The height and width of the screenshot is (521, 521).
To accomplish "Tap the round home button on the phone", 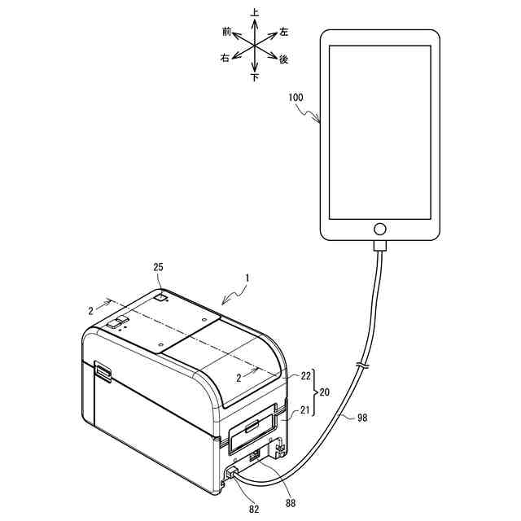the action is click(379, 228).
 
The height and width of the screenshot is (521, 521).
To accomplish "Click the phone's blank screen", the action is click(379, 130).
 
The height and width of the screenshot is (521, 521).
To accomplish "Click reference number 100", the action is click(296, 97).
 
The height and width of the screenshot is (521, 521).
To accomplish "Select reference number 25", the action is click(159, 267).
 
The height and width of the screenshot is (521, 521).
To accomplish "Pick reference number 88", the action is click(290, 504).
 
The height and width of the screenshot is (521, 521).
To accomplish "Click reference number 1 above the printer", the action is click(247, 278).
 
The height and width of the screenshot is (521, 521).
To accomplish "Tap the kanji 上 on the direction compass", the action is click(255, 13).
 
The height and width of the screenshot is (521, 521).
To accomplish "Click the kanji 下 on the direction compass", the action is click(255, 78).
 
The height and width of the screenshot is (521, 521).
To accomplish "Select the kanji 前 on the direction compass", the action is click(226, 31).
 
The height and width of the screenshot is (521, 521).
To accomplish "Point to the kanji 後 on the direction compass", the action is click(284, 59).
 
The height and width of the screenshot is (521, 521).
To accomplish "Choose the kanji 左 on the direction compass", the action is click(284, 32).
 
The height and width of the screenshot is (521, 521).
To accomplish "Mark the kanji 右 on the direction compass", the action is click(225, 59).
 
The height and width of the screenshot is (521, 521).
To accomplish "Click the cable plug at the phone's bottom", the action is click(379, 247).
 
